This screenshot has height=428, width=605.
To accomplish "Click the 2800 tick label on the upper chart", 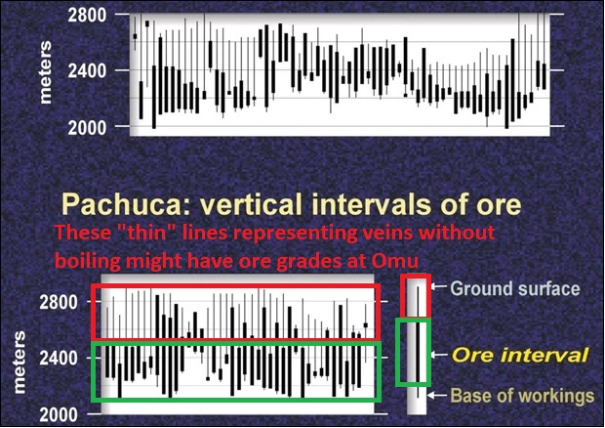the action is coord(87,16).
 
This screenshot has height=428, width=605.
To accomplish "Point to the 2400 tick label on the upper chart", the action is coord(87,71).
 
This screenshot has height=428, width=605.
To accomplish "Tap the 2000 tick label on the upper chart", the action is coord(87,127).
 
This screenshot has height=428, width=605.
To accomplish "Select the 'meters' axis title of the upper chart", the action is coord(46,72).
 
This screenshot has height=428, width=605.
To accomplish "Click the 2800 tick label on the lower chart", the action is coord(59,303).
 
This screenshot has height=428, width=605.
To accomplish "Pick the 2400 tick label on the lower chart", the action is coord(59,359).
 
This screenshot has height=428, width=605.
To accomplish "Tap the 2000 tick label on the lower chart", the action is coord(59,415).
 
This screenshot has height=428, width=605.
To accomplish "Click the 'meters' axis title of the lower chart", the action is coord(19,363).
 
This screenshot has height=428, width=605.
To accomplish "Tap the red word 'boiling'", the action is coord(88,262).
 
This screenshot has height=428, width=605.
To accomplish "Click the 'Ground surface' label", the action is coord(515,289).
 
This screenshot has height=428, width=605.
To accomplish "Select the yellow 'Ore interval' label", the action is coord(520,355).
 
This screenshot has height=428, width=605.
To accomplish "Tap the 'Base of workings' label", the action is coord(522,396).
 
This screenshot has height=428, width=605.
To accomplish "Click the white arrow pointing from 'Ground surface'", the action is coord(439,286).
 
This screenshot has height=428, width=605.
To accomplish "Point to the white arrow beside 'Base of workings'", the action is coord(436,395).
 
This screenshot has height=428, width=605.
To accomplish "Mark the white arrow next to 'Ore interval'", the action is coord(438,354).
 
